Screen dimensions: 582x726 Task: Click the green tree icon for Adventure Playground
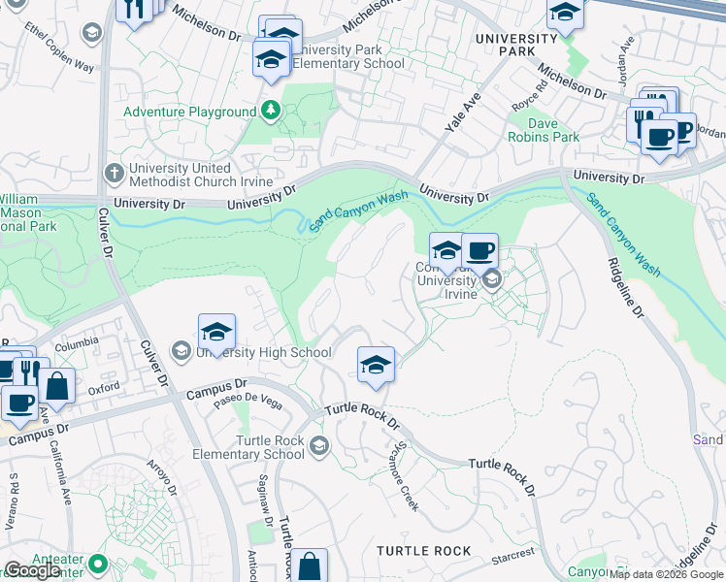(271, 112)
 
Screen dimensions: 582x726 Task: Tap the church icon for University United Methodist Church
(113, 172)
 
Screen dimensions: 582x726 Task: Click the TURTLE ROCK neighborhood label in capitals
(424, 551)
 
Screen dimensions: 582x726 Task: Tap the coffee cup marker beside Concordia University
(479, 252)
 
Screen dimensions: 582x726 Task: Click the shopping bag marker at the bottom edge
(309, 566)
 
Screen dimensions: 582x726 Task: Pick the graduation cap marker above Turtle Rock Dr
(375, 365)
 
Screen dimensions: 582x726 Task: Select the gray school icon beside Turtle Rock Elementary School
(319, 445)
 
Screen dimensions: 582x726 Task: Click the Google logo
(32, 570)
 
